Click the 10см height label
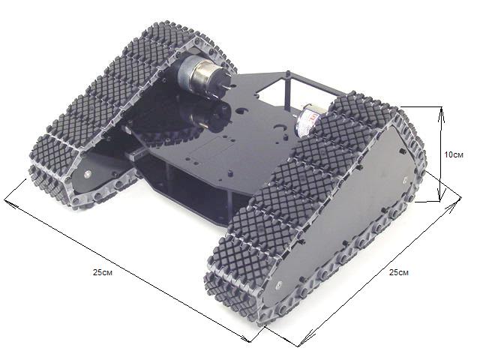pos(454,155)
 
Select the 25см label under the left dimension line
pos(103,272)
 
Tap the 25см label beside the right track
pos(398,272)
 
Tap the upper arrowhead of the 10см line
pos(442,112)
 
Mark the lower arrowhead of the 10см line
pos(440,195)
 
